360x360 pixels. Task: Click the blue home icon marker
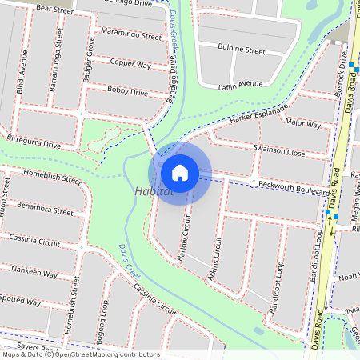click(x=180, y=172)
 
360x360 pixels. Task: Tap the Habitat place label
click(x=154, y=192)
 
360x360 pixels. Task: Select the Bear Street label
click(x=55, y=8)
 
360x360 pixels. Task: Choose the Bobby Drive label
click(x=127, y=92)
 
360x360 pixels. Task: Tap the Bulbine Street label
click(x=242, y=50)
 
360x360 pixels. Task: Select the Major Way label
click(x=303, y=125)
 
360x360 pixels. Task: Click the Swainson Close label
click(x=279, y=151)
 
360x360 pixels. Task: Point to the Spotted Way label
click(x=21, y=302)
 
